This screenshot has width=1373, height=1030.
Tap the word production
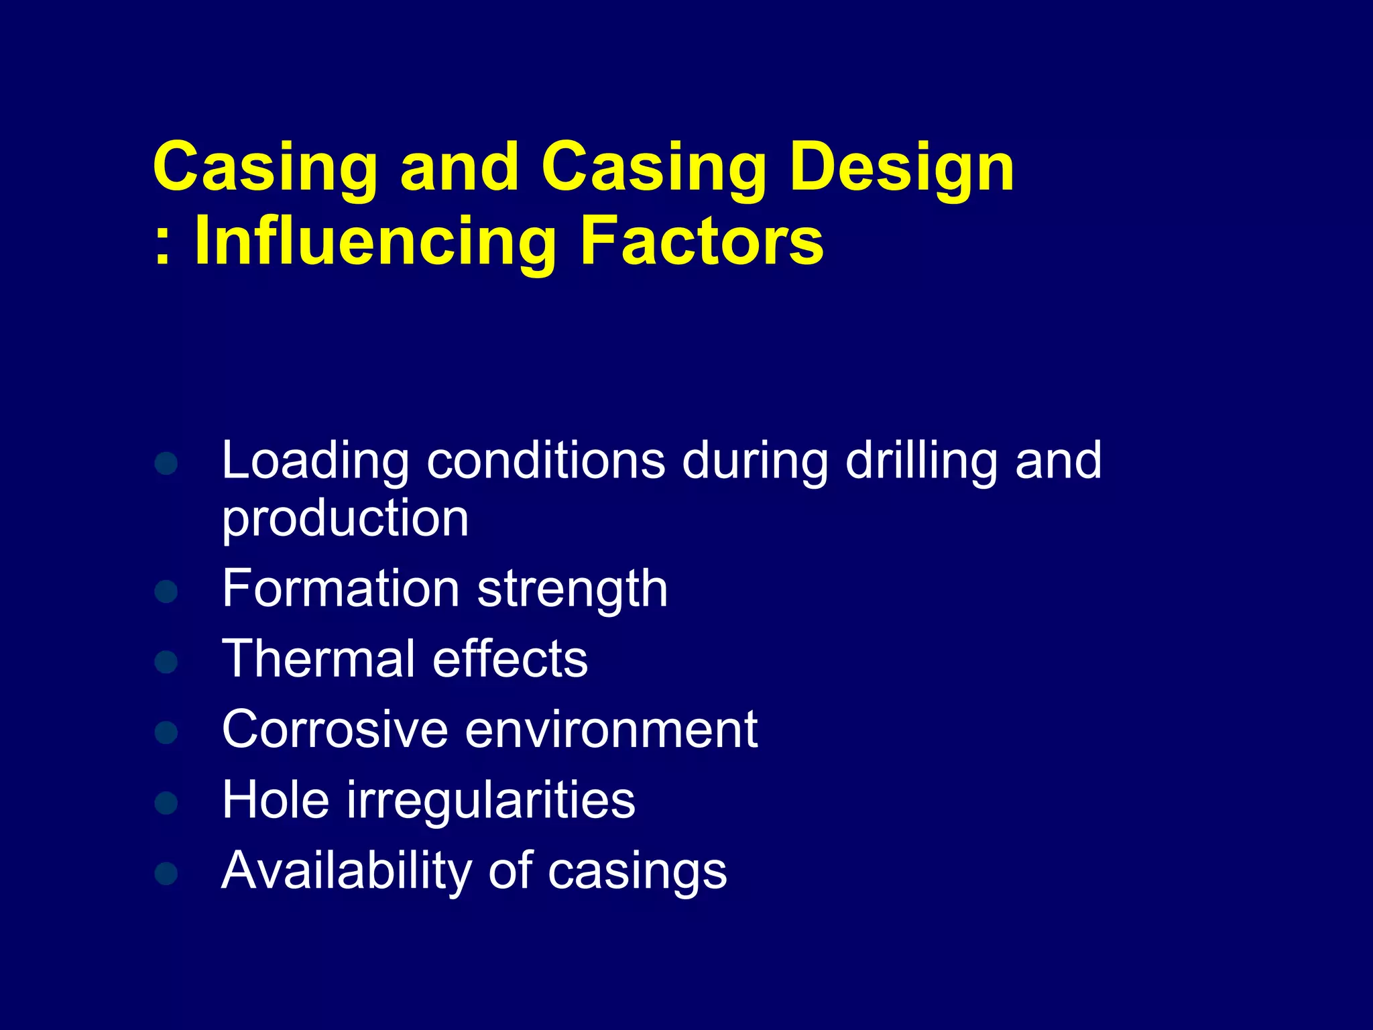(x=345, y=520)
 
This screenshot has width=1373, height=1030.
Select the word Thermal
(x=318, y=659)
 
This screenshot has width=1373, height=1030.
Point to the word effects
(x=510, y=659)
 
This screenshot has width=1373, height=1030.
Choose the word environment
(x=611, y=730)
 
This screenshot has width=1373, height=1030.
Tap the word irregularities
(x=491, y=801)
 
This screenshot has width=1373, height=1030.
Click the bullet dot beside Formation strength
(x=166, y=591)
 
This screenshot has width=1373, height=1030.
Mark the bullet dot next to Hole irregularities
(x=166, y=803)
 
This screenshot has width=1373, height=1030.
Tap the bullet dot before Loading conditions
(x=166, y=463)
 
